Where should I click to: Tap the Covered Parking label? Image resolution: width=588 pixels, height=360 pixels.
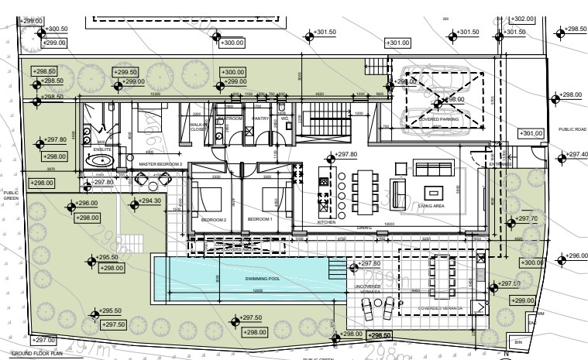(439, 120)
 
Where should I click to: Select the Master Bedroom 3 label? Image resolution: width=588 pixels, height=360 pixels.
(160, 165)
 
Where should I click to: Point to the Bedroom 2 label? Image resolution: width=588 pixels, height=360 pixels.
(213, 220)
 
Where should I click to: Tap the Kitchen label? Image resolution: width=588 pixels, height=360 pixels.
(327, 222)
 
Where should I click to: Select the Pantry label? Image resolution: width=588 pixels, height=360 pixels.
(262, 118)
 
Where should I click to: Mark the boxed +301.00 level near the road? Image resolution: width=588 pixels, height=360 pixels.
(533, 133)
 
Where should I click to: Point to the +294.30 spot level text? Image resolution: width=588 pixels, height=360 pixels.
(150, 201)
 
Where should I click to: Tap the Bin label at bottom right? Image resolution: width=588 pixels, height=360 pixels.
(518, 341)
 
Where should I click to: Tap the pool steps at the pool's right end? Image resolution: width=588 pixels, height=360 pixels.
(337, 270)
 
